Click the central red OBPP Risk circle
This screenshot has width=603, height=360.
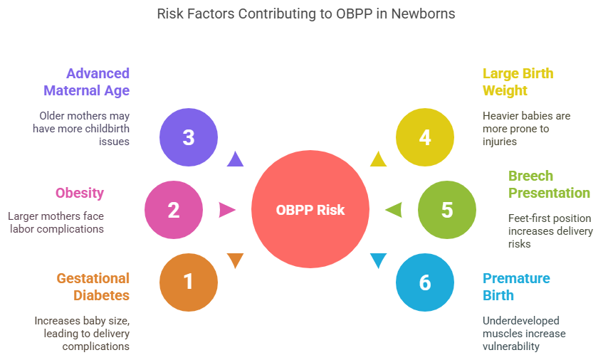point(310,210)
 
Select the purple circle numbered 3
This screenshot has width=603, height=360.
point(189,137)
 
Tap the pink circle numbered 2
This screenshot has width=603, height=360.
point(174,210)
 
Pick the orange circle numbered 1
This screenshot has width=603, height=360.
point(189,282)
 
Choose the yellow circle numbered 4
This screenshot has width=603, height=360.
point(425,137)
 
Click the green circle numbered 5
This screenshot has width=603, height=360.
point(446,210)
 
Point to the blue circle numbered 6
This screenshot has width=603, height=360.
point(425,282)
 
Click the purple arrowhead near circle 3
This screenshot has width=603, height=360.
point(234,159)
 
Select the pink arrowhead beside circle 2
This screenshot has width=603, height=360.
point(227,210)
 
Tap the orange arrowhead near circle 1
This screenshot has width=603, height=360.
point(235,260)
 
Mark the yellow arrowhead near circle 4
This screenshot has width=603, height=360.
point(379,159)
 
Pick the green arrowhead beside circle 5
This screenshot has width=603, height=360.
point(394,210)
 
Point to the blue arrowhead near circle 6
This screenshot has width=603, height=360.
point(378,260)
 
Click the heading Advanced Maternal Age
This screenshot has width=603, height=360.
point(87,82)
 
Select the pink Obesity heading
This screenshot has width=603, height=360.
point(80,193)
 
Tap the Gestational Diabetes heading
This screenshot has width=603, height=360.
point(93,287)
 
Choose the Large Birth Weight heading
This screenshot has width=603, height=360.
point(518,82)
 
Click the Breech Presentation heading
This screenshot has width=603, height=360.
point(549,184)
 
